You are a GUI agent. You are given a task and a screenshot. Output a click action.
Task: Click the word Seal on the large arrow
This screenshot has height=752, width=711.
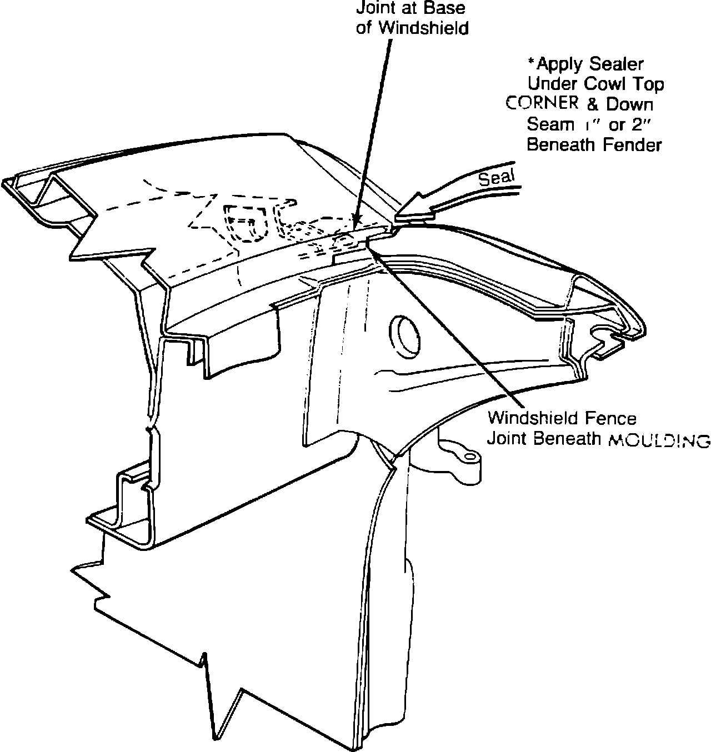(x=497, y=178)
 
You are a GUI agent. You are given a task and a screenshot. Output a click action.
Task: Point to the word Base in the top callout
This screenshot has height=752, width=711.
(x=447, y=9)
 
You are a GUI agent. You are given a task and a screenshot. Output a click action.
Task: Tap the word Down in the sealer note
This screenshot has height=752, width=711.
(x=629, y=104)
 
